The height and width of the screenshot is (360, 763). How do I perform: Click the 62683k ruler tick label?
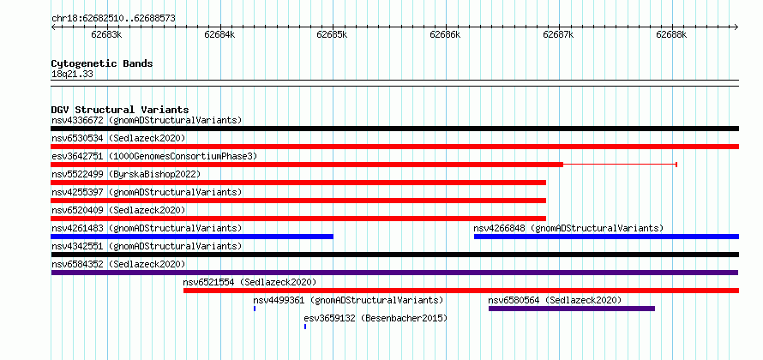(x=106, y=34)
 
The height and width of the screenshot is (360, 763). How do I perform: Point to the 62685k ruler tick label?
(x=333, y=34)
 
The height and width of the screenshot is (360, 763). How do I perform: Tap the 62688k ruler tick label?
(x=671, y=34)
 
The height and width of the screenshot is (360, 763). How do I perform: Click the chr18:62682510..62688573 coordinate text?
(x=113, y=19)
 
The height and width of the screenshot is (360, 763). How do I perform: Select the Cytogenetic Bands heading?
(x=102, y=63)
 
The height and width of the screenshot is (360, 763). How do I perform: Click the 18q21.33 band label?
(x=73, y=75)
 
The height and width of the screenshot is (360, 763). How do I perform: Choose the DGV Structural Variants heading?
(x=120, y=110)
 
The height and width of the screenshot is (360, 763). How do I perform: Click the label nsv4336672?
(x=77, y=120)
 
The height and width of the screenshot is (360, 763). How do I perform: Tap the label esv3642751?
(x=77, y=156)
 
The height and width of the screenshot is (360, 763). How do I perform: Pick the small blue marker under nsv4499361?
(x=255, y=309)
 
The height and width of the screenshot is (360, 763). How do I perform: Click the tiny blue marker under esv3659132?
(x=305, y=327)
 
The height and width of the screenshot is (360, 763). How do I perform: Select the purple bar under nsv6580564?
(x=572, y=309)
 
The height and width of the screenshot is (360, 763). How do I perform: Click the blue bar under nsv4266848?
(x=606, y=237)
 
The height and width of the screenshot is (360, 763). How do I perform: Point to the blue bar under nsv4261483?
(x=192, y=237)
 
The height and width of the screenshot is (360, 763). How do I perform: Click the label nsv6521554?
(x=209, y=282)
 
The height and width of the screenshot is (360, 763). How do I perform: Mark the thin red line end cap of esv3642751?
(x=676, y=165)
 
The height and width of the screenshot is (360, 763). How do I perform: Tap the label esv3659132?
(x=329, y=318)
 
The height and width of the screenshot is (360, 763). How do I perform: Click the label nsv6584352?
(x=77, y=264)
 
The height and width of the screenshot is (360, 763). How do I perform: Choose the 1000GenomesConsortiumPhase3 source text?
(x=183, y=156)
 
